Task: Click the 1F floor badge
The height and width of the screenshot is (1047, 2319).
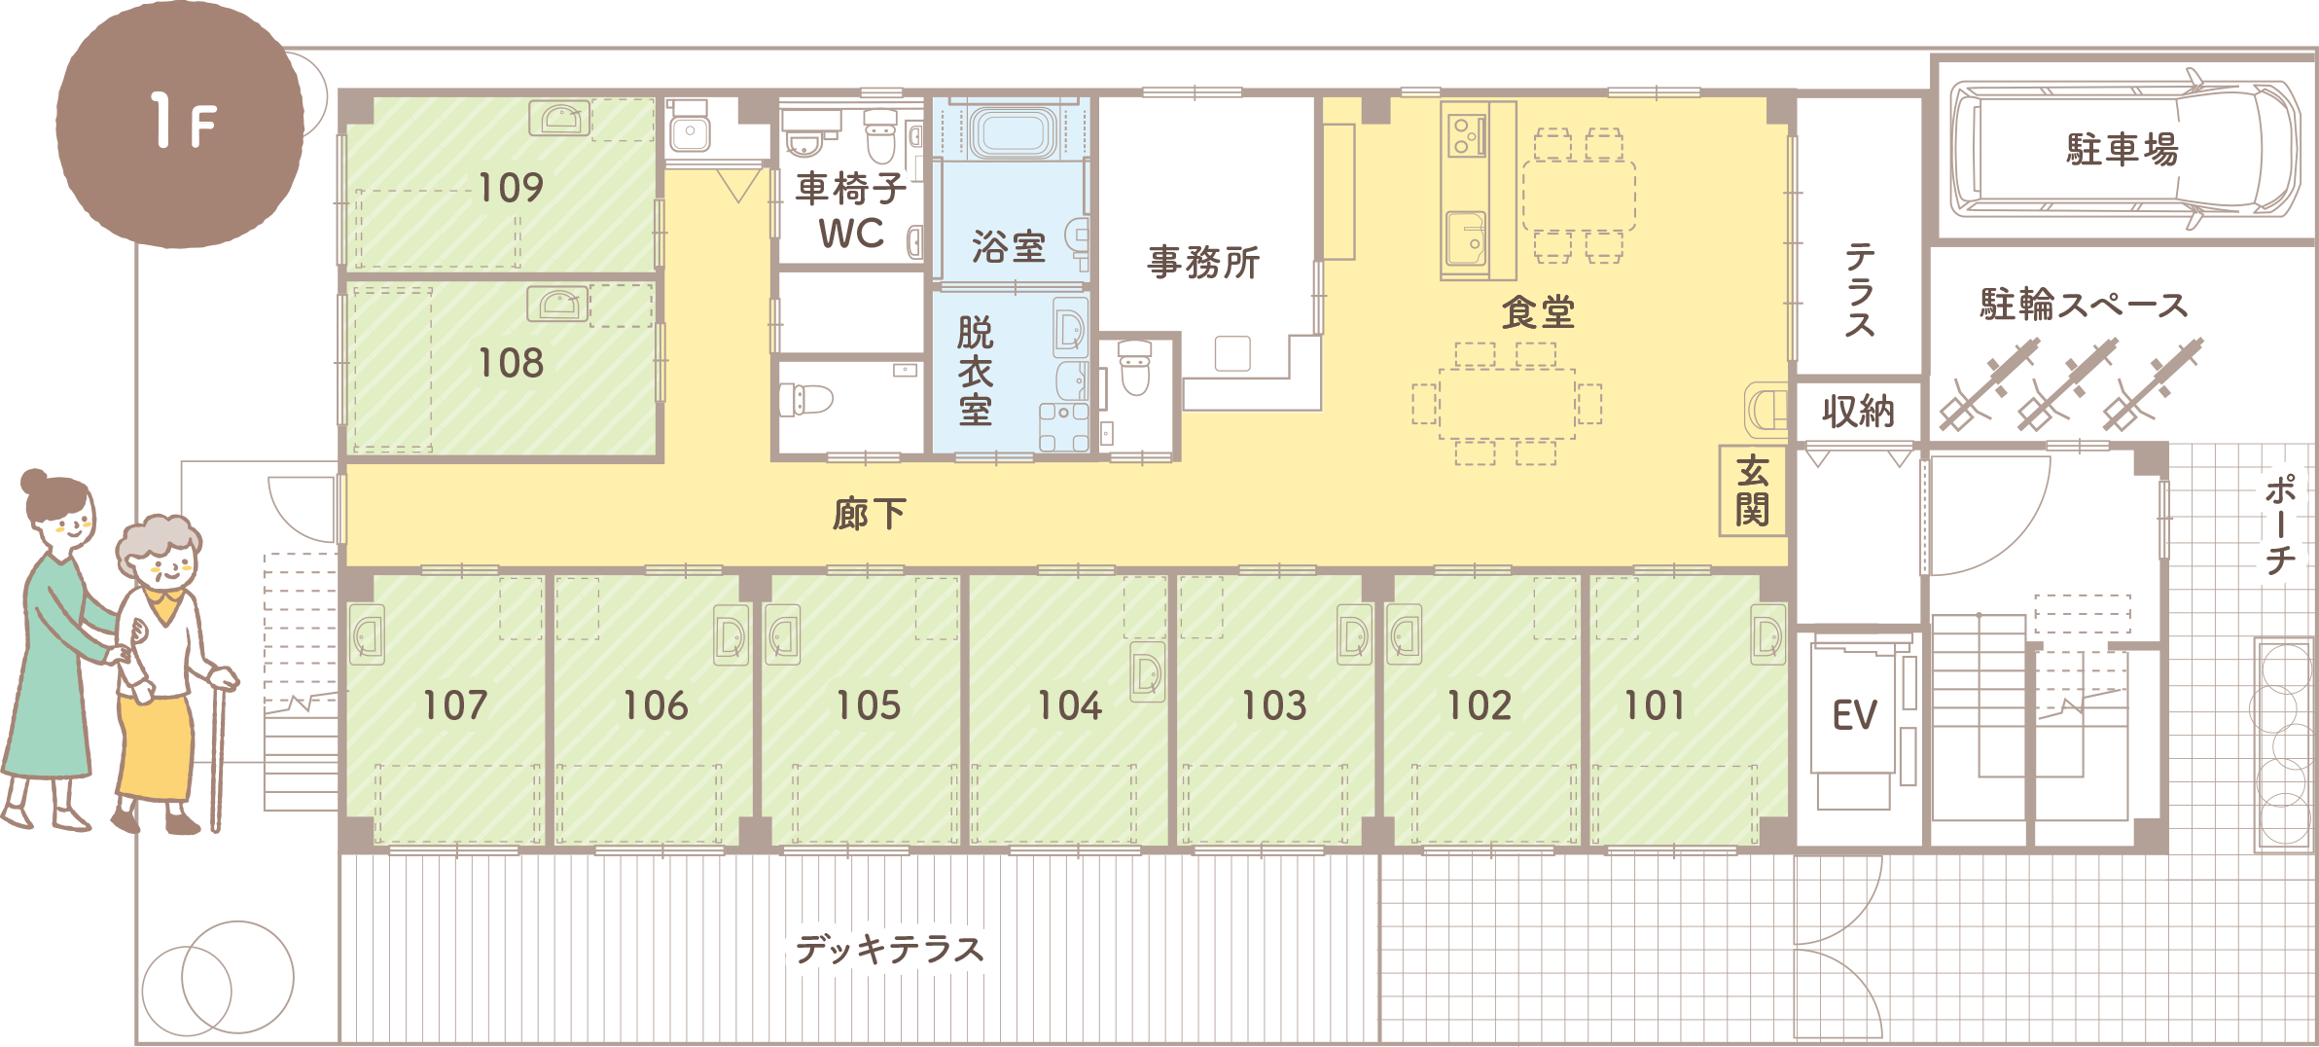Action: click(180, 124)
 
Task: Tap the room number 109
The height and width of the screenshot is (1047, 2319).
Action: click(511, 188)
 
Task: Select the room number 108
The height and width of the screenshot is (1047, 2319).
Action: click(511, 363)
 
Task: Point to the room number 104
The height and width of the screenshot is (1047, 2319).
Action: click(1069, 705)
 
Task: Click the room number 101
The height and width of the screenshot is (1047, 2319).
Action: click(1654, 705)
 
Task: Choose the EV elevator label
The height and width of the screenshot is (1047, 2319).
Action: click(1854, 715)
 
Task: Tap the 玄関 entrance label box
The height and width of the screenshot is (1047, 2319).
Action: click(1753, 491)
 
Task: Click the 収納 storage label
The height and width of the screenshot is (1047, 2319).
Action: click(1858, 412)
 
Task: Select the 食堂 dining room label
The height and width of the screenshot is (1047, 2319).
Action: click(1538, 311)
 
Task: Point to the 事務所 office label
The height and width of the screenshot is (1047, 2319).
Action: click(1203, 263)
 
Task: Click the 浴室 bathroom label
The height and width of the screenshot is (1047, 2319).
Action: click(1009, 247)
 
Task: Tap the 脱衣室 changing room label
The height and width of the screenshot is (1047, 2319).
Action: click(976, 371)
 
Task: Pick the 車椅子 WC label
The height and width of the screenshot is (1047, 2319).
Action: click(851, 211)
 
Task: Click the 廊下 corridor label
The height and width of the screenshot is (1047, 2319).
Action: click(870, 514)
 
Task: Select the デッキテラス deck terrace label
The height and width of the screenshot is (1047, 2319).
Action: click(890, 948)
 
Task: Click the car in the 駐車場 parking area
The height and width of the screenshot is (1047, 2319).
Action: click(2125, 149)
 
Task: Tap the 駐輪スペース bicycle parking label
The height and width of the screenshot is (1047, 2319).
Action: click(2084, 305)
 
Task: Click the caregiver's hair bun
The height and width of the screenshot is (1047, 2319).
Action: click(35, 482)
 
